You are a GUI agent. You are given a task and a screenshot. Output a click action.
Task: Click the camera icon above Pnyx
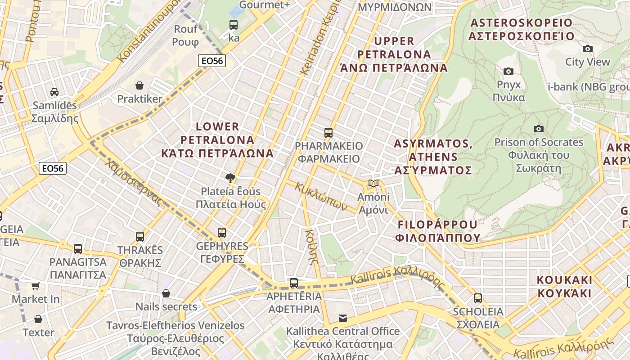point(508,71)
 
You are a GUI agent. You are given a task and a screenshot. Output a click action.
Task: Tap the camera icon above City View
point(587,49)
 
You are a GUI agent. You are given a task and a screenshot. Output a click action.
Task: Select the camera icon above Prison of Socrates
point(538,129)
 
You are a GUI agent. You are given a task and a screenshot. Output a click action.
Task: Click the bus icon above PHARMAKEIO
point(328,132)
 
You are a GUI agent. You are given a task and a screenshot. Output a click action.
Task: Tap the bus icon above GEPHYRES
point(222,232)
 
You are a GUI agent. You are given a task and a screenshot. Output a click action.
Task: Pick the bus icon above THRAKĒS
point(140,236)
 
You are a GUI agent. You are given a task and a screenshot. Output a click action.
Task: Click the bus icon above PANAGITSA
point(78,248)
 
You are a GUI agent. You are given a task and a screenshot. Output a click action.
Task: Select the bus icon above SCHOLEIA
point(477,298)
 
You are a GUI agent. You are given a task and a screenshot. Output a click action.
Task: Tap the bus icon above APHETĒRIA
point(294,283)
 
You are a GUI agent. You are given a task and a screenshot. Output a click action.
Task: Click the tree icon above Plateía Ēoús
point(230,178)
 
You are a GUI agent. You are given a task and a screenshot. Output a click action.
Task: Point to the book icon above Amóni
point(373,183)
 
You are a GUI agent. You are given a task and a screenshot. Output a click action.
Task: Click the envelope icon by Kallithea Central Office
point(343,318)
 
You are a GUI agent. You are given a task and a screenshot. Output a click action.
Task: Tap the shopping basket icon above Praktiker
point(139,85)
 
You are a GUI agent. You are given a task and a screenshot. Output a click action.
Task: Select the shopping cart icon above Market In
point(36,286)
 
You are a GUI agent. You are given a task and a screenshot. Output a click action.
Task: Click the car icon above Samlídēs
point(54,92)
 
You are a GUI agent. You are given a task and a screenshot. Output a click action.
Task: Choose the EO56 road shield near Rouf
point(211,61)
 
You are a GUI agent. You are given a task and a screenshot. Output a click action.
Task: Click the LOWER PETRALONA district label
point(217,139)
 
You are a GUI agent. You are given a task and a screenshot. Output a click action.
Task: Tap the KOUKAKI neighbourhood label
point(564,286)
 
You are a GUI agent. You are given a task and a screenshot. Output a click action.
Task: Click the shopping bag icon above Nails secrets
point(166,293)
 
